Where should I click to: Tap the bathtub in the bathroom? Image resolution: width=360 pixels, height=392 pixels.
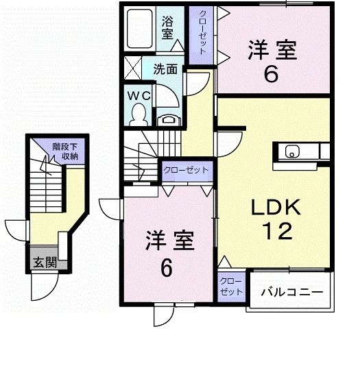click(x=140, y=29)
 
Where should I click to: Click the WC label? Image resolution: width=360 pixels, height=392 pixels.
click(x=139, y=95)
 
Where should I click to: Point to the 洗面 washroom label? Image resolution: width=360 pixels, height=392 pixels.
click(x=165, y=69)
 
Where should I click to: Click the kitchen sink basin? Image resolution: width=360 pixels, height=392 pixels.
click(x=292, y=151)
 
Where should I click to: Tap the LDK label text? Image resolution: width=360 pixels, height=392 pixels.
click(x=276, y=207)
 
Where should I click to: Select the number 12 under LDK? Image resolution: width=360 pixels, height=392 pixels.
click(x=278, y=231)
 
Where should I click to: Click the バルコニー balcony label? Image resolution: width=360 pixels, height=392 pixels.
click(x=292, y=292)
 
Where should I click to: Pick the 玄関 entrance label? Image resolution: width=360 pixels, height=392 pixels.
click(x=45, y=262)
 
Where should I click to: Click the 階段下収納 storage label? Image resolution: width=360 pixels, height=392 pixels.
click(x=65, y=151)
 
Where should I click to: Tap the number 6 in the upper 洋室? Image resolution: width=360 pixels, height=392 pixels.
click(x=271, y=75)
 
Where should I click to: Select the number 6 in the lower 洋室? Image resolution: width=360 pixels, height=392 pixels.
click(x=167, y=268)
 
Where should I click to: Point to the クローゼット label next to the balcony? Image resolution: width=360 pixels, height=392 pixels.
click(x=231, y=286)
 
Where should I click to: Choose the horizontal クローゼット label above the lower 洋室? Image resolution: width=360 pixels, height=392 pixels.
click(x=186, y=170)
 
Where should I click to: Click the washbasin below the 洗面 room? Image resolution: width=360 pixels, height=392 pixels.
click(x=169, y=119)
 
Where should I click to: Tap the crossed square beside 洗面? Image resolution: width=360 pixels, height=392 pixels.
click(x=133, y=68)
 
